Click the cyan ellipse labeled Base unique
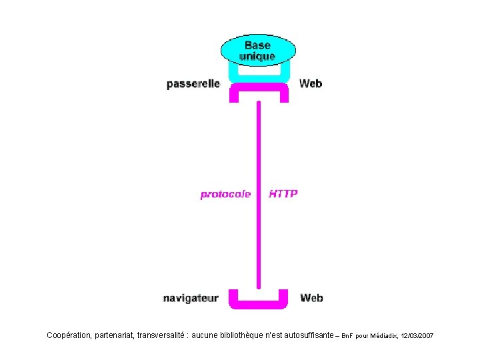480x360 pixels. click(258, 50)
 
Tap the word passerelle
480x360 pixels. click(193, 84)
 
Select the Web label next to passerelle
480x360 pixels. click(311, 83)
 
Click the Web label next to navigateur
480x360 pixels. click(311, 298)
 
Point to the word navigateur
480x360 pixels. click(191, 298)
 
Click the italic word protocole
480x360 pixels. click(225, 195)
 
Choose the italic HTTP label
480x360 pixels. click(283, 194)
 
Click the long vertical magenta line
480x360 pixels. click(259, 195)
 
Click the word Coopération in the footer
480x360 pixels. click(69, 335)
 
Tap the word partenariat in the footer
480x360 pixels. click(115, 336)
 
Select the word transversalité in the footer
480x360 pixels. click(161, 335)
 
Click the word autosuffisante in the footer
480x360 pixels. click(309, 335)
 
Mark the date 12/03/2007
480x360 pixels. click(417, 336)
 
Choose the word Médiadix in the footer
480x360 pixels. click(384, 336)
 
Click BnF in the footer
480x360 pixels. click(347, 336)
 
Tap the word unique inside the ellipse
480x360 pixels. click(257, 57)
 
